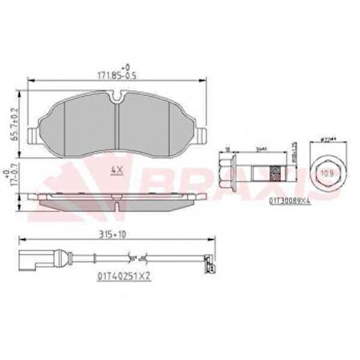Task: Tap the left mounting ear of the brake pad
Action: click(33, 135)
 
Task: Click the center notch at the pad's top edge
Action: click(118, 100)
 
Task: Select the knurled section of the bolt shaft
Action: click(275, 172)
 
